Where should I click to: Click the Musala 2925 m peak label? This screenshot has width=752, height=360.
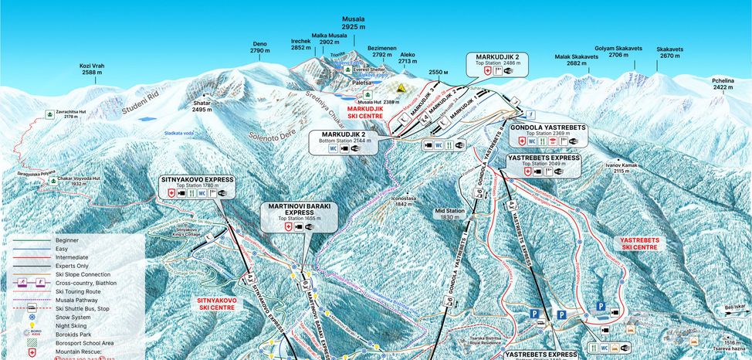point(354,22)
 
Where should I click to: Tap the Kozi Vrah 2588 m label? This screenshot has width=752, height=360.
point(92,70)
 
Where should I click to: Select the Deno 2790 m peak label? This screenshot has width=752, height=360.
point(260,47)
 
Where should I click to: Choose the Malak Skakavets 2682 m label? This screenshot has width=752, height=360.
point(577,59)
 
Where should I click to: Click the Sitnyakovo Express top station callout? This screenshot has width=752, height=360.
point(196,188)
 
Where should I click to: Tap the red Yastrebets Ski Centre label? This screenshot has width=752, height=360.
point(639,243)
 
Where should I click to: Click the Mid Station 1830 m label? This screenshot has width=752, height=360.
point(449,214)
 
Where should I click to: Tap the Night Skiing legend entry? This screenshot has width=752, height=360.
point(71,325)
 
